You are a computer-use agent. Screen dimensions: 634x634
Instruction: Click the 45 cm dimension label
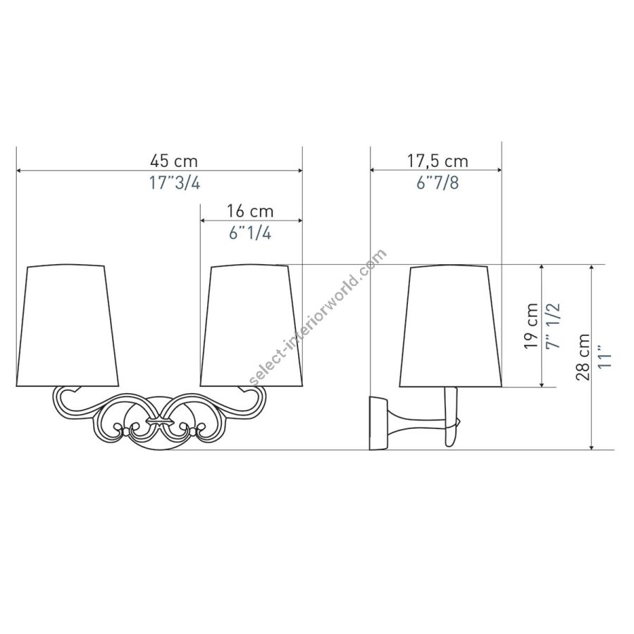coord(174,161)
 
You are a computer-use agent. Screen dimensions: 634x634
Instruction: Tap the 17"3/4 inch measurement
coord(175,183)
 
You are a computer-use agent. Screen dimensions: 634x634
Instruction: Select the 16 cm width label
coord(249,211)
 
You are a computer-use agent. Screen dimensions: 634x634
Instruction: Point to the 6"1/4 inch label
coord(250,233)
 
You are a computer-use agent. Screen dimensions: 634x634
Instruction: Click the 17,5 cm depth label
coord(437,161)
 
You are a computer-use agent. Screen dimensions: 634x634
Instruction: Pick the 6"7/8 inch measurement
coord(437,182)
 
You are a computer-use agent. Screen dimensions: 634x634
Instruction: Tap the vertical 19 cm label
coord(530,326)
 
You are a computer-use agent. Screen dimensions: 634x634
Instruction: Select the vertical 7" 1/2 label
coord(553,326)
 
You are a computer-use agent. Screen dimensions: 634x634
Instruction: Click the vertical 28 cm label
coord(583,357)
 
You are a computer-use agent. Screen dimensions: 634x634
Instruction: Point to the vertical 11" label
coord(605,357)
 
